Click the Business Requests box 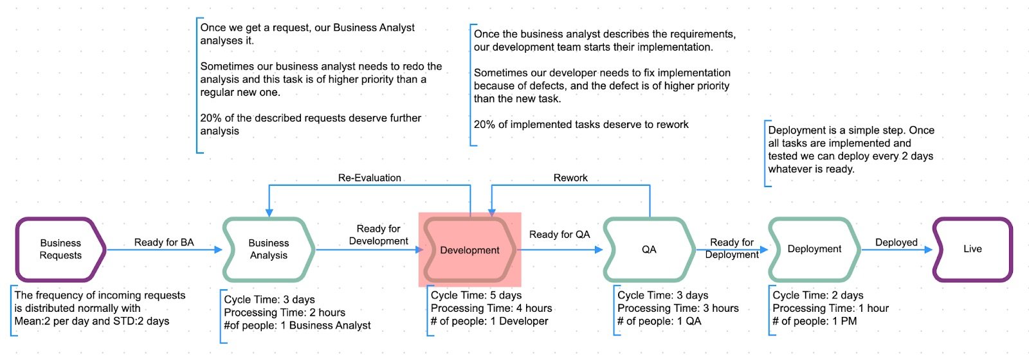(60, 249)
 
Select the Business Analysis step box (269, 249)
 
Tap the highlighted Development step (469, 250)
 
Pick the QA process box (649, 249)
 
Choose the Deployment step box (814, 249)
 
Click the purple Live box (972, 249)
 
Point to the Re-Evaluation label (370, 177)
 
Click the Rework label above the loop (570, 177)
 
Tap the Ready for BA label (164, 242)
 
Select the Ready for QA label (560, 234)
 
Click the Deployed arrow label (897, 242)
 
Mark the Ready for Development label (378, 235)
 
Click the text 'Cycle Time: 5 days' (477, 295)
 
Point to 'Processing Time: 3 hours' (678, 308)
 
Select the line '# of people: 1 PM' (814, 321)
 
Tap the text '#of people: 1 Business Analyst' (297, 325)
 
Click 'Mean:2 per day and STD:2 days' (92, 321)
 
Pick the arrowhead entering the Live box (929, 250)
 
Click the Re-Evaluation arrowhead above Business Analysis (269, 213)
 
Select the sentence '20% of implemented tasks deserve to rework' (581, 125)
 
